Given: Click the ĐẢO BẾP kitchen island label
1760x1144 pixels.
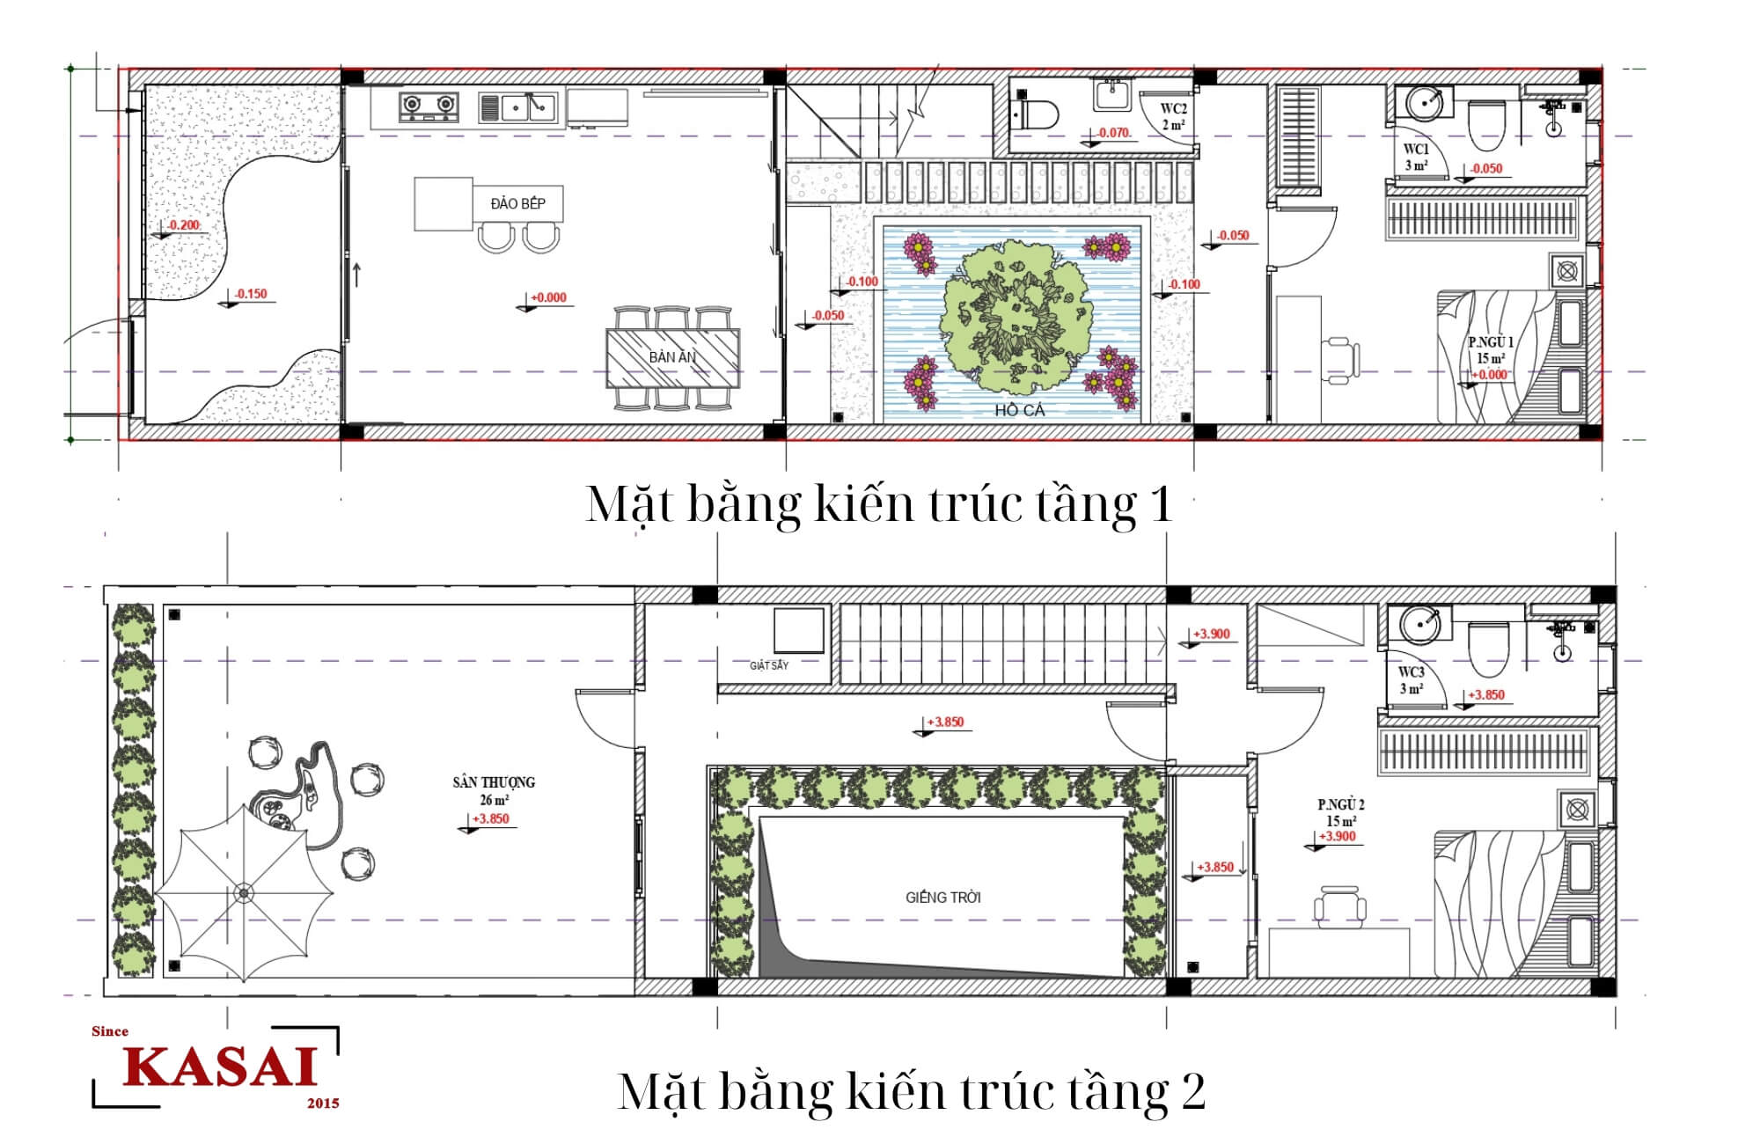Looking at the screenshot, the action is click(517, 203).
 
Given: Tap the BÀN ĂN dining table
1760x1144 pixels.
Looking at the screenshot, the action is click(672, 357).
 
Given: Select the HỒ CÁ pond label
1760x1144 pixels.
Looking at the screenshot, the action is click(1020, 410).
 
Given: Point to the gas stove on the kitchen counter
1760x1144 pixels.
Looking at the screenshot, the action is click(429, 106).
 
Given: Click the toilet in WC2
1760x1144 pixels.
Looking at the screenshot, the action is click(1036, 114).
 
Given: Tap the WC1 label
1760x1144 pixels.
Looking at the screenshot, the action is click(1416, 149).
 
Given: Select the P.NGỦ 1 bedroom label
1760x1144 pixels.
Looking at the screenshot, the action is click(1491, 342).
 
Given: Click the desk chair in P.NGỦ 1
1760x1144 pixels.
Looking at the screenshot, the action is click(1342, 359).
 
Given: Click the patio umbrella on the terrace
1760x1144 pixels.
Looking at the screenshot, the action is click(244, 892).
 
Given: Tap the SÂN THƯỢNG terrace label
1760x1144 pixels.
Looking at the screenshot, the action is click(494, 781).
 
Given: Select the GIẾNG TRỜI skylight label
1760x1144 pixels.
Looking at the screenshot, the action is click(942, 898).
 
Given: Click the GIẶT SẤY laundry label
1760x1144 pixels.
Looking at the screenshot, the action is click(769, 665).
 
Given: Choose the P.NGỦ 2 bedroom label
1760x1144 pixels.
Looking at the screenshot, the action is click(1340, 804).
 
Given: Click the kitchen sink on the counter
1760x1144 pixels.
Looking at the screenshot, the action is click(517, 107).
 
